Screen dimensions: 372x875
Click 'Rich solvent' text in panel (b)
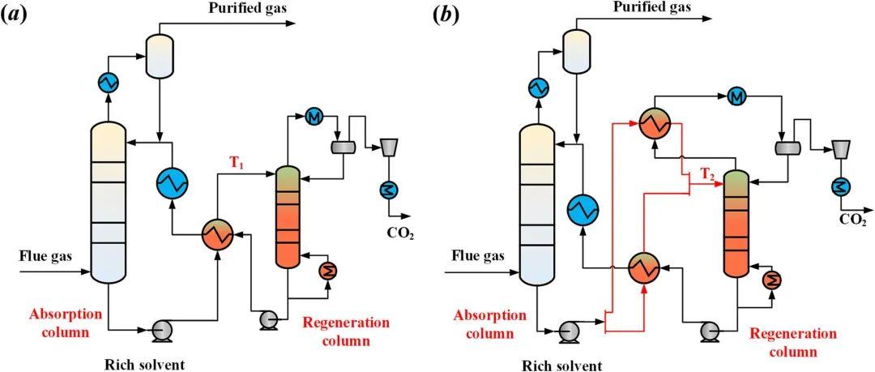click(562, 365)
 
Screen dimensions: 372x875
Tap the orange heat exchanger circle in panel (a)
click(217, 234)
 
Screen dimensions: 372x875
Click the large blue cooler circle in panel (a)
click(172, 183)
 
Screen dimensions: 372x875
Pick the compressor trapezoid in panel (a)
click(390, 146)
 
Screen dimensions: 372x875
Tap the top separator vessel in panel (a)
click(160, 58)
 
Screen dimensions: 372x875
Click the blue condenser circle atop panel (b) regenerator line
click(736, 96)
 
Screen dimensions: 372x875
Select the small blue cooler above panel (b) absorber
click(536, 86)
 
